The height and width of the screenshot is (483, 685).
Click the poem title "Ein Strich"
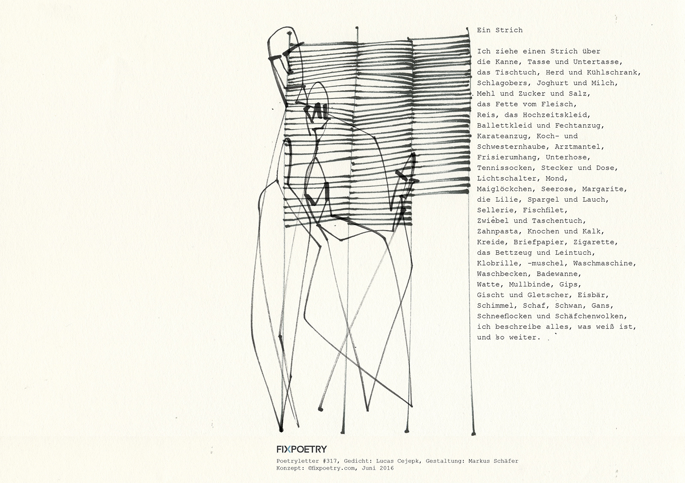pos(500,30)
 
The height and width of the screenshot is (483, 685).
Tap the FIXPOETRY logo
pos(301,449)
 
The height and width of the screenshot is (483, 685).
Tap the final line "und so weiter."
pos(509,337)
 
